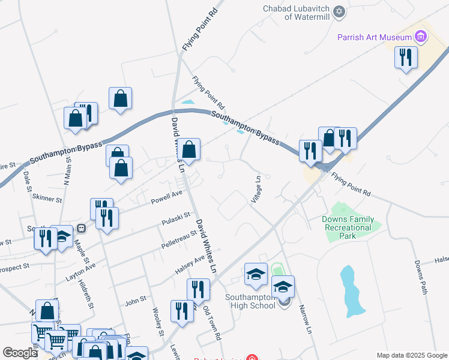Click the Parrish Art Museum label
pos(373,37)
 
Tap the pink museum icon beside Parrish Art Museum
pos(420,37)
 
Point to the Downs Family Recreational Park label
pos(348,227)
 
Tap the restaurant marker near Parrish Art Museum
pos(406,58)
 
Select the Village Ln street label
pos(257,188)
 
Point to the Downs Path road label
pos(420,277)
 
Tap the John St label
pos(135,298)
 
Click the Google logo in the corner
pos(19,353)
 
